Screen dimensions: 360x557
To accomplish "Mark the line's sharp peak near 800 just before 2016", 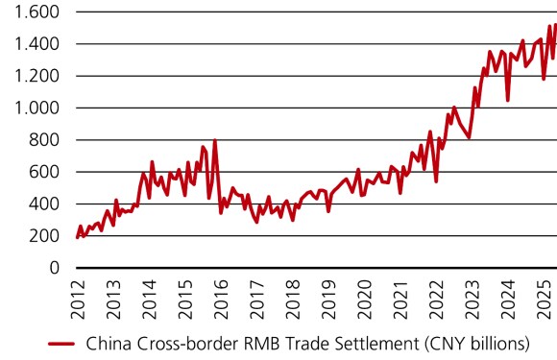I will click(x=214, y=141).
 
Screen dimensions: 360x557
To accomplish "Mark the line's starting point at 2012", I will click(x=77, y=236).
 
